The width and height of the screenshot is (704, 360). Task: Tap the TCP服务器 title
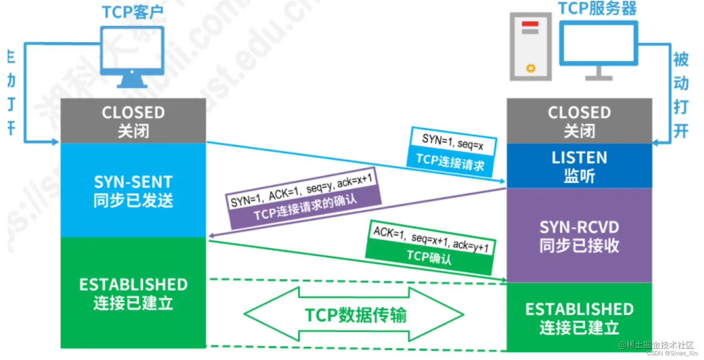point(597,8)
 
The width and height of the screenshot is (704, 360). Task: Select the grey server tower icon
point(530,47)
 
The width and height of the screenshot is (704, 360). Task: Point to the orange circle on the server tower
point(530,68)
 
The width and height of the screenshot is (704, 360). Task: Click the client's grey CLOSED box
point(133,121)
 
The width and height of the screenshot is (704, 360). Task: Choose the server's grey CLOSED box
point(579,121)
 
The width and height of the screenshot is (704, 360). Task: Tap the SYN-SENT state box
point(133,190)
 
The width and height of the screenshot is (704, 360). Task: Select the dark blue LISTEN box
point(579,166)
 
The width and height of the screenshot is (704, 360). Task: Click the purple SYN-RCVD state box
point(579,236)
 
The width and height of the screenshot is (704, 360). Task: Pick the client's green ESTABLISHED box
point(133,293)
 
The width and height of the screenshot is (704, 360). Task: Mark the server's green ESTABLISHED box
point(579,318)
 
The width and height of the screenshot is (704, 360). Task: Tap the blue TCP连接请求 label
point(450,161)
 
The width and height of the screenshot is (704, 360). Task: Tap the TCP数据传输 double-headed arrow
point(354,315)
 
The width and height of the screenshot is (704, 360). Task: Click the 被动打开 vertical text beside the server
point(681,95)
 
